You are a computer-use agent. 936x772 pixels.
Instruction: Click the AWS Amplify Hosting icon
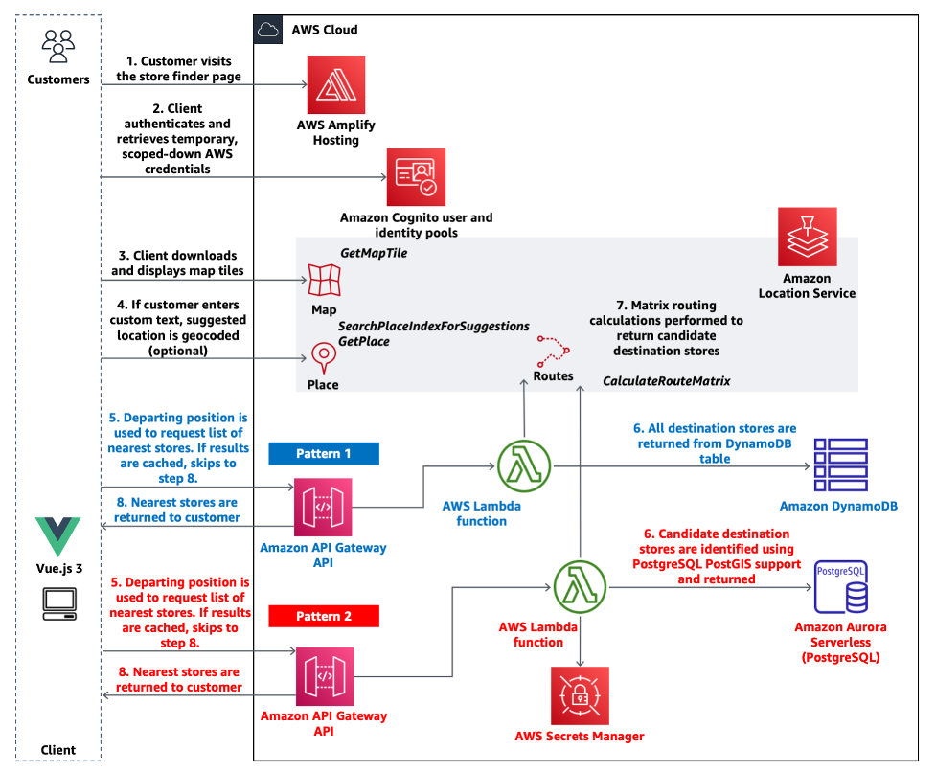tap(336, 84)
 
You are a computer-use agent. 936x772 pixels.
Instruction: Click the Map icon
tap(324, 281)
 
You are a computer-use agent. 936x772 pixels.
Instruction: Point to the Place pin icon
tap(323, 358)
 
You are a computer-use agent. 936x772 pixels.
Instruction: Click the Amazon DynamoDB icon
tap(839, 465)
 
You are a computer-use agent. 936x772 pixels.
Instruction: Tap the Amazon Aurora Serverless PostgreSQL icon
tap(840, 587)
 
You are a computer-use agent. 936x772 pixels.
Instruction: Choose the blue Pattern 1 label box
tap(324, 453)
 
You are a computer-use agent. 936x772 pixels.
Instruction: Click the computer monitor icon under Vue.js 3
tap(58, 601)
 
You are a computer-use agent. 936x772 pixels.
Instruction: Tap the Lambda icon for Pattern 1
tap(524, 467)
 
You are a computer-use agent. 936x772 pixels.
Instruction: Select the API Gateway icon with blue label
tap(323, 507)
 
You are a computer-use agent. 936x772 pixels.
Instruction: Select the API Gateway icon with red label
tap(324, 676)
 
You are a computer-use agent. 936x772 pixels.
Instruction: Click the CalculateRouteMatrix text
tap(666, 381)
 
